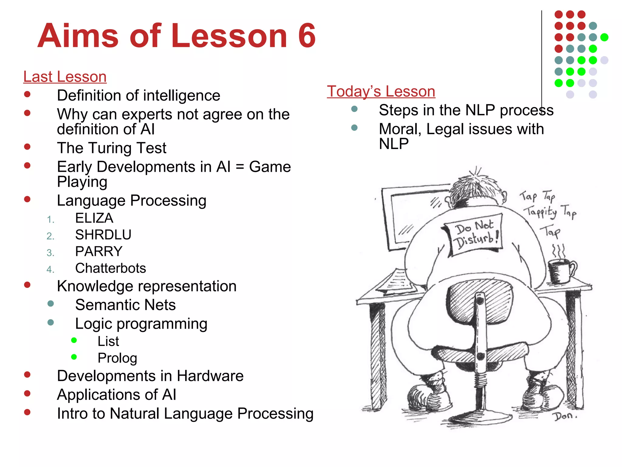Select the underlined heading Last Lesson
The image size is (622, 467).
point(65,77)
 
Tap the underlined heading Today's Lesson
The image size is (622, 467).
point(381,92)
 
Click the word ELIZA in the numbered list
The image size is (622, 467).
point(94,218)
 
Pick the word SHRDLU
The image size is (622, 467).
point(103,235)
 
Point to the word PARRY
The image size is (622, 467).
point(99,251)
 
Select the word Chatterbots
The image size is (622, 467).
point(111,268)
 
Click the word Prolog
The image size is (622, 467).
point(117,358)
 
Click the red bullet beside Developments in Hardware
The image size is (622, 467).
point(27,375)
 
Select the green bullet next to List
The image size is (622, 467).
point(74,340)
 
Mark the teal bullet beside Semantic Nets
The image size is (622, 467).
point(51,304)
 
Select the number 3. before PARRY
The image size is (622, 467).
point(50,253)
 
